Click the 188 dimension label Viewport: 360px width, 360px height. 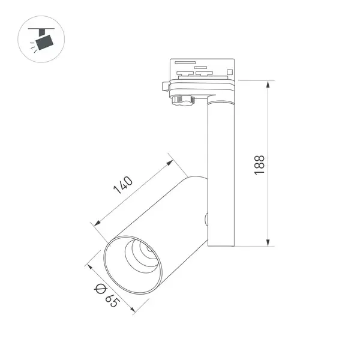[x=260, y=165]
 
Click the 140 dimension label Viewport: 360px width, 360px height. [x=123, y=185]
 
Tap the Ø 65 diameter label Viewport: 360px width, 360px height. [x=107, y=296]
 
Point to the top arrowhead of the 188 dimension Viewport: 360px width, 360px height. [x=268, y=85]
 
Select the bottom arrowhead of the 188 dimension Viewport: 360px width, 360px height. [x=268, y=242]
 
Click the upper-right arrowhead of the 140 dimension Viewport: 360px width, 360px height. [x=170, y=163]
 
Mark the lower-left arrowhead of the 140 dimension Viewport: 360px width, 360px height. [x=97, y=223]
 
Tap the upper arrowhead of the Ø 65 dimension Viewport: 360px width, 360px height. [x=90, y=267]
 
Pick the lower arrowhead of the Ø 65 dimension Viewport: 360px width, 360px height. [x=133, y=309]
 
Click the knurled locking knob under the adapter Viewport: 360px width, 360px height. [x=183, y=100]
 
